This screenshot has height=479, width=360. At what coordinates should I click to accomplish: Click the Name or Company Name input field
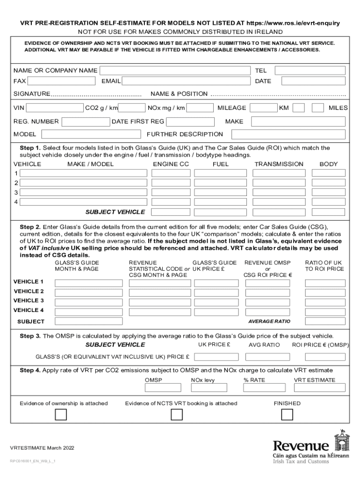tap(175, 71)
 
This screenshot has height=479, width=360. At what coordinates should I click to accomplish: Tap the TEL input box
tap(310, 71)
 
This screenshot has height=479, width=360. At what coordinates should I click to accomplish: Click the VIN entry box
tap(55, 108)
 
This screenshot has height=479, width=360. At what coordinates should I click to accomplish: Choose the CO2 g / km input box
tap(132, 108)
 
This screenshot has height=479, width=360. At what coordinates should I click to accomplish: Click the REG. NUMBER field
tap(86, 122)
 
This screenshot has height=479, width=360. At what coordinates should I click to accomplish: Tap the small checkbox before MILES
tap(318, 108)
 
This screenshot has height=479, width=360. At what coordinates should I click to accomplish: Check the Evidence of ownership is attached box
tap(61, 415)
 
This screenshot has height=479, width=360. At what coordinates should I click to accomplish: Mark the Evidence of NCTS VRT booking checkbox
tap(176, 415)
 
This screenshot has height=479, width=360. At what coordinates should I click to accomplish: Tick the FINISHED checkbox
tap(287, 415)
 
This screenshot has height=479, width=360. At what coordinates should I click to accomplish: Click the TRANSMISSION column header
tap(279, 164)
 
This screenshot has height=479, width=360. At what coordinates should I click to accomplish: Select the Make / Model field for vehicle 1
tap(83, 173)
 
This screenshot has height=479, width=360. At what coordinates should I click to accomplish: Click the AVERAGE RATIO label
tap(269, 321)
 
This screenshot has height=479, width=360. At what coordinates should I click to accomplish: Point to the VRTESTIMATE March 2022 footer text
tap(42, 448)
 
